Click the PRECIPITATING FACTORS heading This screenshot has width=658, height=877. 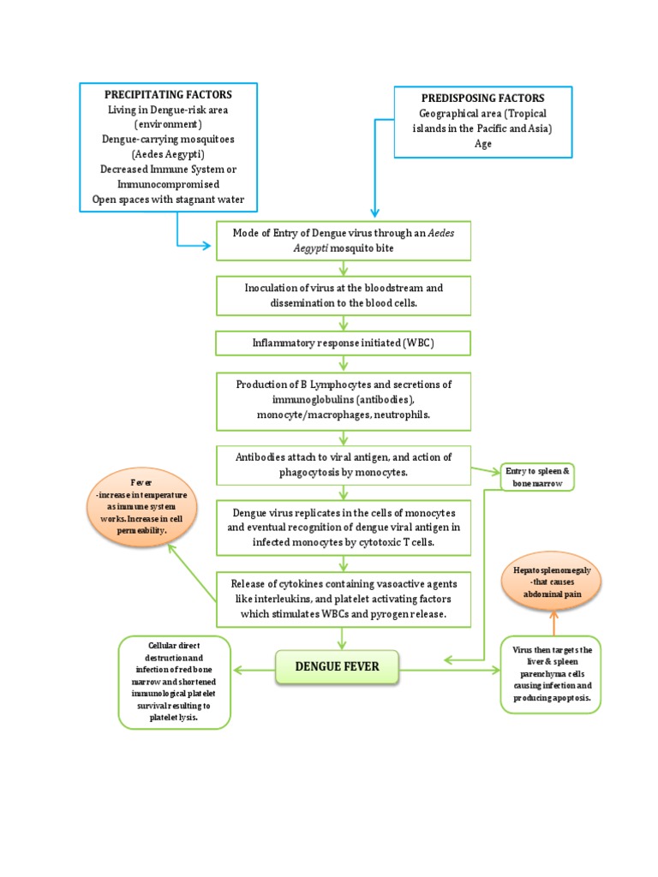coord(168,94)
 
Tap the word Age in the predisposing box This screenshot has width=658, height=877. coord(482,145)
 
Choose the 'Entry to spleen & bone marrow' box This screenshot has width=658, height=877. coord(536,478)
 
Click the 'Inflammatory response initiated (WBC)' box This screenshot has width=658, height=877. coord(344,343)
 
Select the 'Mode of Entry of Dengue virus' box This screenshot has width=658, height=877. coord(344,240)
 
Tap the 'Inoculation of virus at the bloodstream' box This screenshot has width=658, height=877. coord(344,295)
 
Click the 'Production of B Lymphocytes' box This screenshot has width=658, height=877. coord(344,399)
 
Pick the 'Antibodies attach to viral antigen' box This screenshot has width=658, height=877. coord(344,464)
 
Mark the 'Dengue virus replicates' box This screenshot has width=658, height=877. coord(344,528)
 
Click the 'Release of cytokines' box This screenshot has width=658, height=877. coord(344,599)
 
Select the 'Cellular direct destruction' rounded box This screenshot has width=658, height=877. coord(174,682)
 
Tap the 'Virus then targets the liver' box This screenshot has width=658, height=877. coord(552,673)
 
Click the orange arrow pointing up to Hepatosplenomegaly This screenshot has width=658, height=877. coord(553,623)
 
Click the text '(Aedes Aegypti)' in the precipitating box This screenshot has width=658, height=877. coord(168,154)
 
